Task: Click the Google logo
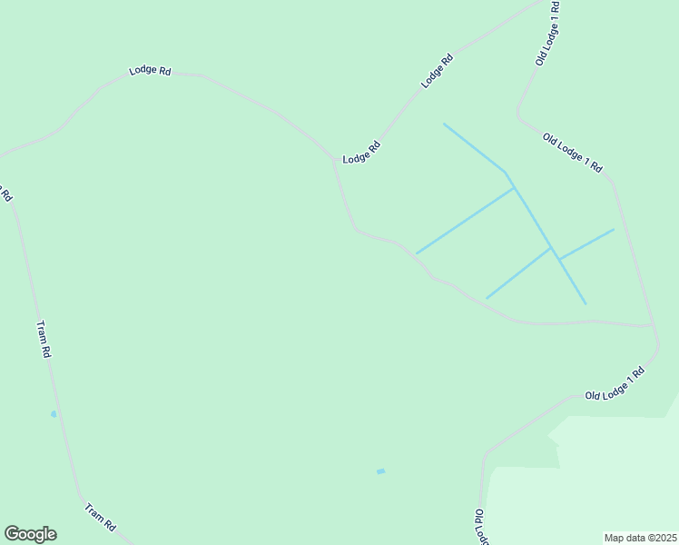pyautogui.click(x=30, y=534)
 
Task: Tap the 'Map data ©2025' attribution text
pyautogui.click(x=641, y=537)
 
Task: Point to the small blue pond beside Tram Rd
pyautogui.click(x=54, y=414)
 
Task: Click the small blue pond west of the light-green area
pyautogui.click(x=380, y=471)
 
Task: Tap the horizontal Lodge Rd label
pyautogui.click(x=151, y=70)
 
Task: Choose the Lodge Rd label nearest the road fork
pyautogui.click(x=361, y=153)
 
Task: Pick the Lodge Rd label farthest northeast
pyautogui.click(x=437, y=72)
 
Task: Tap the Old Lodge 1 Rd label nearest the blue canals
pyautogui.click(x=573, y=153)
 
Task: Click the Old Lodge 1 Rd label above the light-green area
pyautogui.click(x=615, y=383)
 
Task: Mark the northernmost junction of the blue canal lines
pyautogui.click(x=513, y=187)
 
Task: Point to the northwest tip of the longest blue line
pyautogui.click(x=444, y=124)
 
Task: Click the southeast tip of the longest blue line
pyautogui.click(x=586, y=303)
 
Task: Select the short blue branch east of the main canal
pyautogui.click(x=587, y=243)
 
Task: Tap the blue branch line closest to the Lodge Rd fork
pyautogui.click(x=463, y=221)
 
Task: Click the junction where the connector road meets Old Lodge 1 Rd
pyautogui.click(x=653, y=325)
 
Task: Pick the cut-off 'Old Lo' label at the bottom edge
pyautogui.click(x=478, y=526)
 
